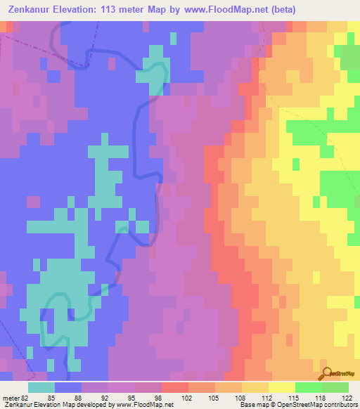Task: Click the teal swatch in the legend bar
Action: coord(41,387)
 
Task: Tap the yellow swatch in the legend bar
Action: coord(281,387)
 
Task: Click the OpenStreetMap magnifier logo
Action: coord(326,373)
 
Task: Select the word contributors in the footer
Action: coord(340,405)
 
